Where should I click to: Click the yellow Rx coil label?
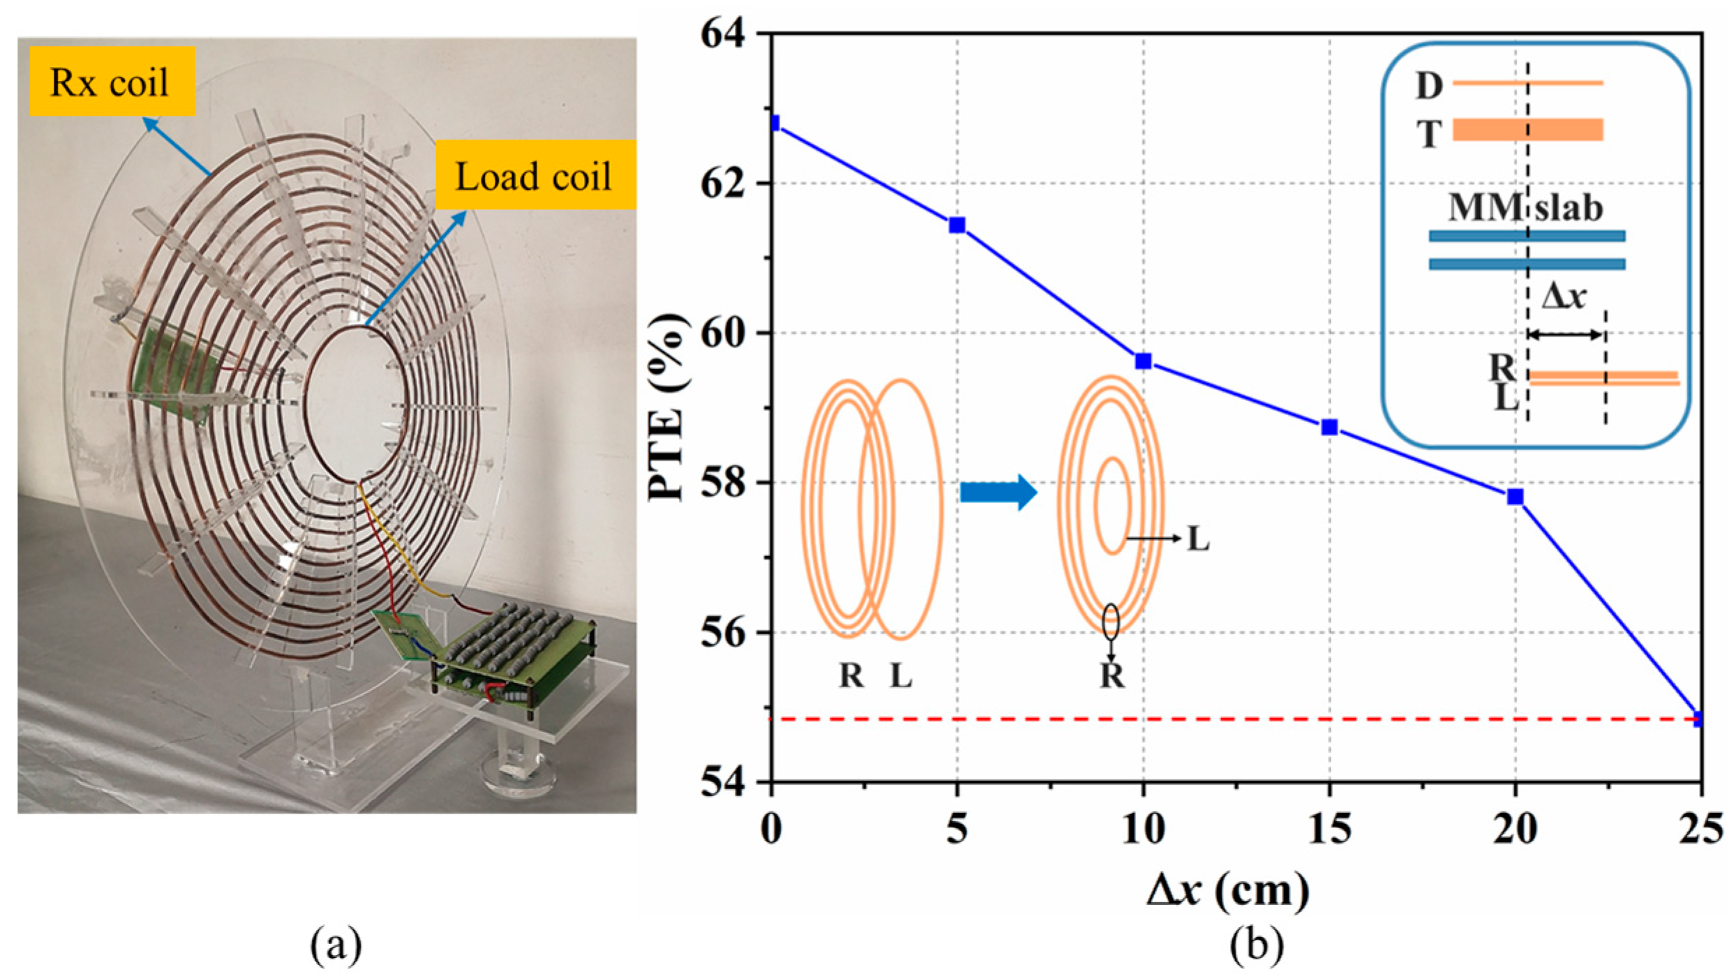click(x=112, y=82)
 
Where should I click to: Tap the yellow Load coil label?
click(x=534, y=175)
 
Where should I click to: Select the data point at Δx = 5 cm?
click(x=957, y=225)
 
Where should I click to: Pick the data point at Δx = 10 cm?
click(x=1143, y=361)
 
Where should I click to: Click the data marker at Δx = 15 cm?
click(x=1329, y=427)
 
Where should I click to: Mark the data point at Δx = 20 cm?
click(x=1515, y=497)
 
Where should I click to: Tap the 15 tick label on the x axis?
click(x=1329, y=829)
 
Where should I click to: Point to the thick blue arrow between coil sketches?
click(x=998, y=493)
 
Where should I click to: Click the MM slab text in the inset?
click(x=1525, y=207)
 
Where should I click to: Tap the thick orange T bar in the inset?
click(x=1527, y=130)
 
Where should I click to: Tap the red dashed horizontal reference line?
click(x=1186, y=719)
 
